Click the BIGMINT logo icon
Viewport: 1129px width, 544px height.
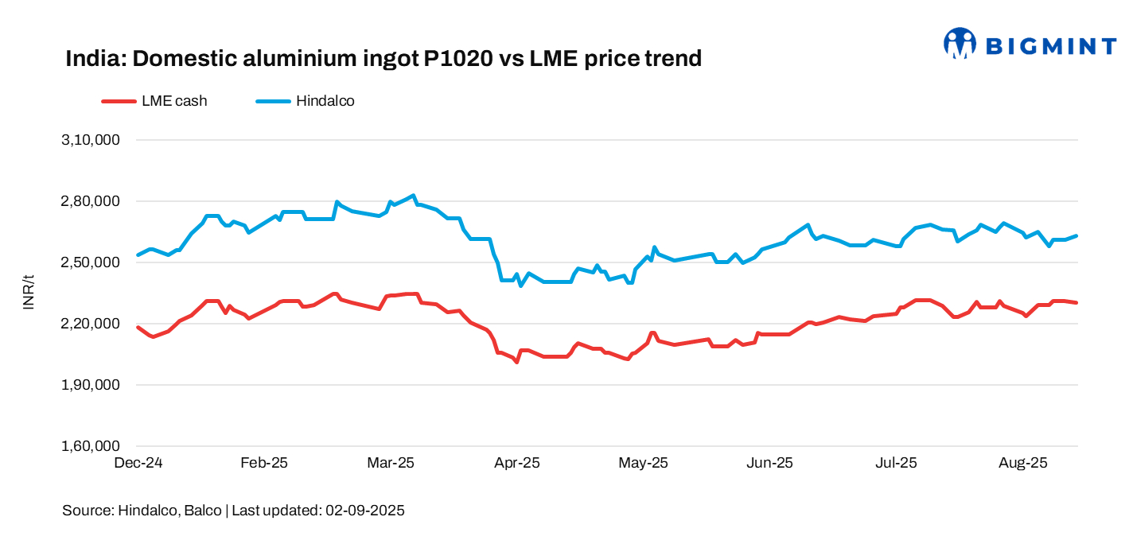tap(960, 44)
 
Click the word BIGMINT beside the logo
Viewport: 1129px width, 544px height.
tap(1051, 46)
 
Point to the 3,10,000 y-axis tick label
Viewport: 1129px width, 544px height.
tap(90, 140)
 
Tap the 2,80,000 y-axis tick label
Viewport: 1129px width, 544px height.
tap(90, 201)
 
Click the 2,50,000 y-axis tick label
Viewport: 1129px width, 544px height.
tap(90, 262)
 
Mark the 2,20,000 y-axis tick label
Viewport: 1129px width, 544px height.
tap(90, 324)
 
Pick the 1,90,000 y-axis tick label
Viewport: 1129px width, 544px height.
tap(90, 385)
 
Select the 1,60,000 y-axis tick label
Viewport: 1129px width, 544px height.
tap(90, 446)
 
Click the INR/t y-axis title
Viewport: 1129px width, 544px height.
tap(29, 293)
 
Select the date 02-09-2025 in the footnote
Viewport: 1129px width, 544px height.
tap(365, 511)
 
